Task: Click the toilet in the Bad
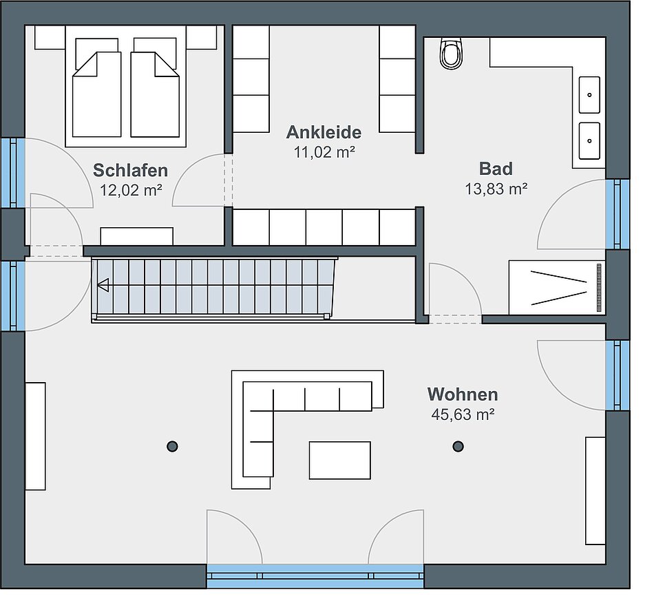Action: tap(451, 54)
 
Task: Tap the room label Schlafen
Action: tap(131, 170)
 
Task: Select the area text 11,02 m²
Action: tap(324, 152)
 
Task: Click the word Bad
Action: tap(496, 169)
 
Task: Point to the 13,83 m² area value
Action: tap(496, 189)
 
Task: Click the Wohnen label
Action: tap(463, 394)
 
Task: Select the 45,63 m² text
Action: tap(463, 414)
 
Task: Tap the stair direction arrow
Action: tap(103, 286)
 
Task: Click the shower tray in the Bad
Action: tap(557, 288)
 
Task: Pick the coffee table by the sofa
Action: tap(340, 460)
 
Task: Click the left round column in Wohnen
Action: tap(172, 446)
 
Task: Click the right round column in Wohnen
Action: tap(458, 446)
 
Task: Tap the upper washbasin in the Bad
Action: tap(589, 95)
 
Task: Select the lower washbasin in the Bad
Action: tap(589, 140)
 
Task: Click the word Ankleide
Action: tap(324, 132)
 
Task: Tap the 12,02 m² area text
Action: tap(131, 190)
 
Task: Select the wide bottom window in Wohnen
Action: tap(315, 576)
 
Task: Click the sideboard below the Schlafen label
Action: tap(137, 236)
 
